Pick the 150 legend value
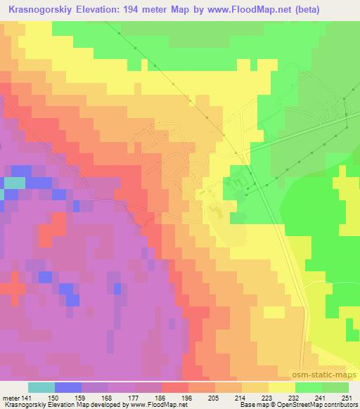pos(53,398)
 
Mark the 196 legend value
pos(188,398)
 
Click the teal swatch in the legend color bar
pos(41,387)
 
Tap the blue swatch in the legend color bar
pos(67,387)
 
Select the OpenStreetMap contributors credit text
pos(322,405)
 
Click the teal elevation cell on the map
pos(13,183)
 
